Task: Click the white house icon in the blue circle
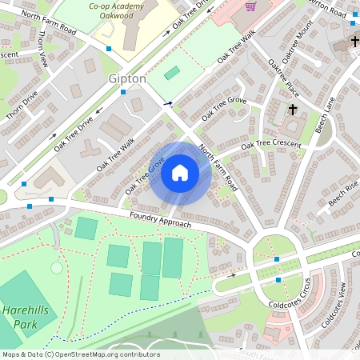click(x=180, y=172)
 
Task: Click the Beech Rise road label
click(x=342, y=194)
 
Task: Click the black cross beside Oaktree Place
click(x=293, y=109)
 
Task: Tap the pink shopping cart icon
click(x=250, y=6)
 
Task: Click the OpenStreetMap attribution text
click(x=80, y=354)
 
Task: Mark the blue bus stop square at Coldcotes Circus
click(x=277, y=259)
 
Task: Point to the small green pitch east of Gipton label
click(x=172, y=74)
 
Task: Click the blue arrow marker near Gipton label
click(x=167, y=103)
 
